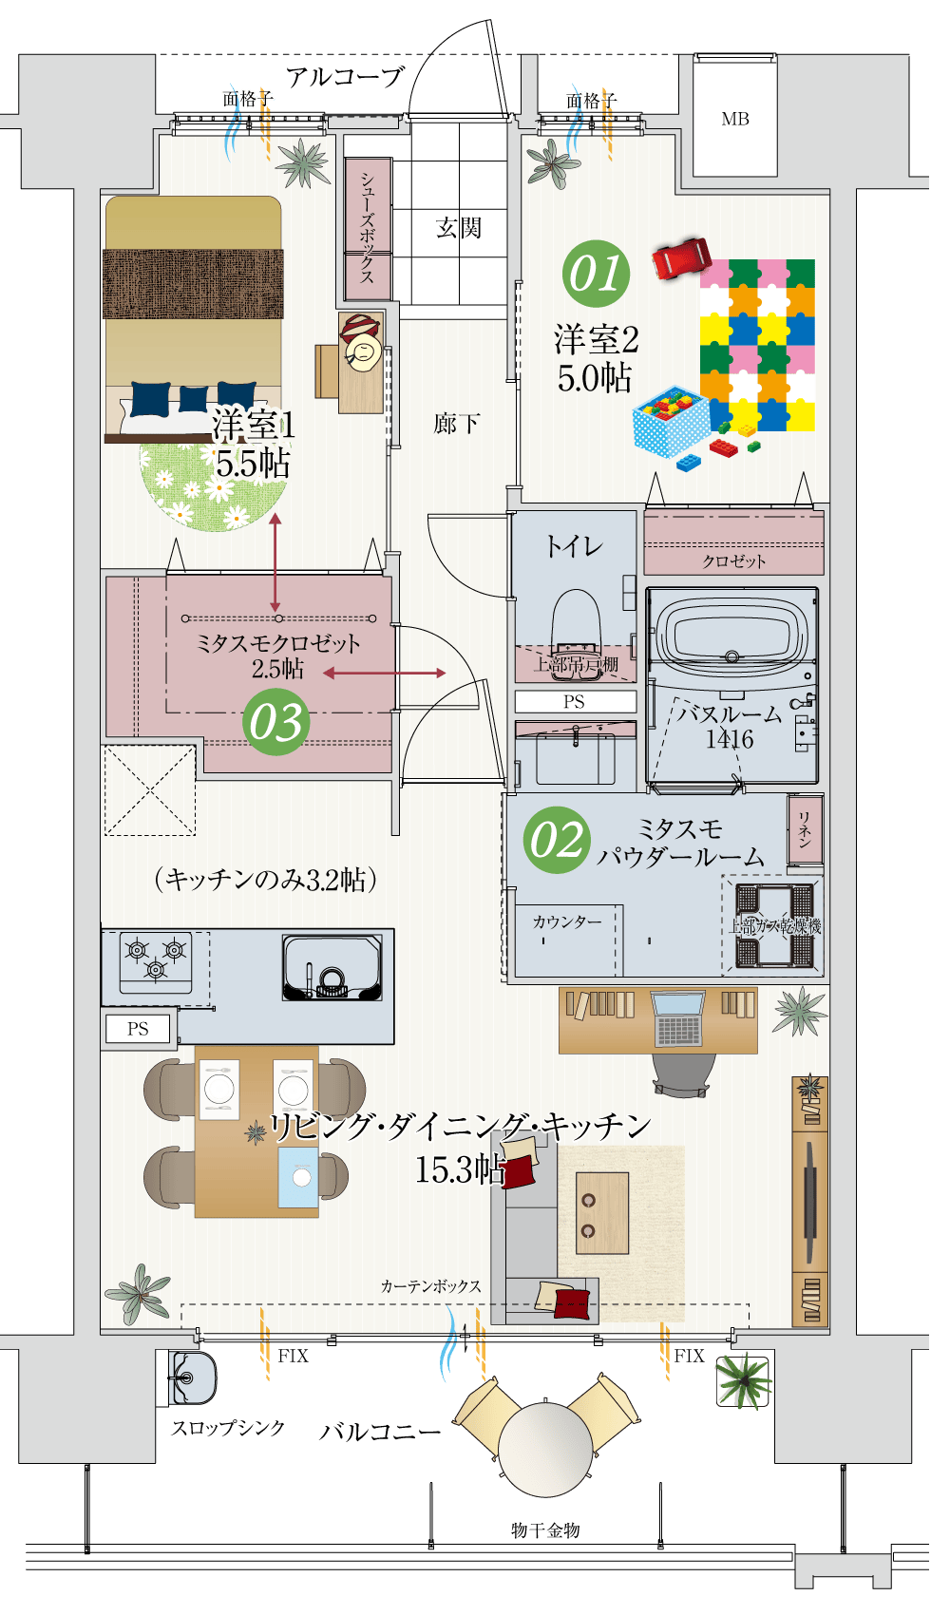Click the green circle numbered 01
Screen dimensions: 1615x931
596,274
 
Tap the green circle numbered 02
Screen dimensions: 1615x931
557,840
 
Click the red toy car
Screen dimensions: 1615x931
682,257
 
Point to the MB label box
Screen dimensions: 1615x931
734,119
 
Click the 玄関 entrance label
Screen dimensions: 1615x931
459,228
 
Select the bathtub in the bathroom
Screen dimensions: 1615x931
730,636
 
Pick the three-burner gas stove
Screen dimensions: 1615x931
156,959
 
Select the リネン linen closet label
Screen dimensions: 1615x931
805,829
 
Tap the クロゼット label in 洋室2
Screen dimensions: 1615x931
733,560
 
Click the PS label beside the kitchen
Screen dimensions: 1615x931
138,1028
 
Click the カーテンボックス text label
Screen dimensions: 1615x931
430,1286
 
